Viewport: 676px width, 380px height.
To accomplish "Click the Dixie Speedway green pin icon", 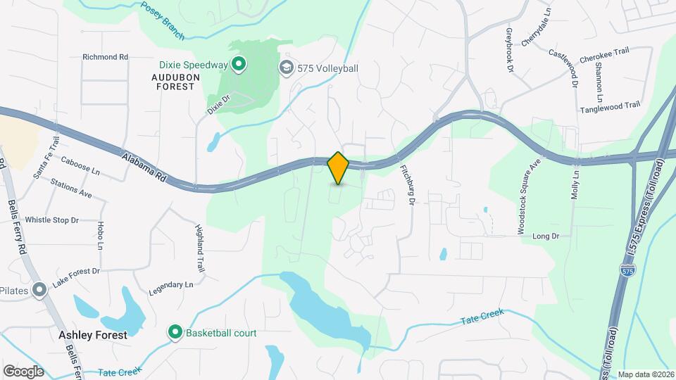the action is (x=239, y=65).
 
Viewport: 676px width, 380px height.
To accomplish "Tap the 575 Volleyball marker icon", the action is (x=286, y=68).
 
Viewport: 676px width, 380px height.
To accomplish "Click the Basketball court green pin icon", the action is (x=175, y=332).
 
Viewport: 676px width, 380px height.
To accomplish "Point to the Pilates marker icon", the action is (x=39, y=289).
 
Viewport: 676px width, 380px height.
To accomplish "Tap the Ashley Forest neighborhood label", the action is (x=94, y=335).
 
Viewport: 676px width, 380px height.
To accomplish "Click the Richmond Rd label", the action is (x=105, y=56).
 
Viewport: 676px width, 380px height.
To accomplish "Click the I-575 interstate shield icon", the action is (x=627, y=270).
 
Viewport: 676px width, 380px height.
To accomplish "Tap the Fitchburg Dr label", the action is (x=407, y=185).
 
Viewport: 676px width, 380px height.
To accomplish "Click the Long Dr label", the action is (x=546, y=236).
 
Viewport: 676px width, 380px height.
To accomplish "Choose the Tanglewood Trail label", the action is (x=610, y=107).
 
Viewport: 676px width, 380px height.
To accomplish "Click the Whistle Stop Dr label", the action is (x=52, y=220).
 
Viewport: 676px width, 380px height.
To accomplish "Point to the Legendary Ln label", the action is (x=170, y=285).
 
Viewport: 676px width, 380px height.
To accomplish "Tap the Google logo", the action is (x=23, y=371).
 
